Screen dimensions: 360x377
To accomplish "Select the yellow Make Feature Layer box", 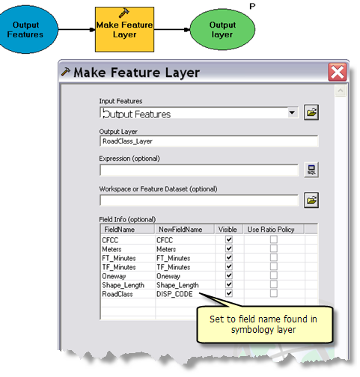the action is (x=124, y=29).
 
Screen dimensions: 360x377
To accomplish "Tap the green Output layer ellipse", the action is (x=222, y=29).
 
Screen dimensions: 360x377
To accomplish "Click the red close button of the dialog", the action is (x=338, y=73).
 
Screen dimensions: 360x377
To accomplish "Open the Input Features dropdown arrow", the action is (x=292, y=113).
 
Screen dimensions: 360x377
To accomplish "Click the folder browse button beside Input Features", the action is (x=311, y=112).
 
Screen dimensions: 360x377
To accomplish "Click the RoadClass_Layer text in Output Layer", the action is (x=127, y=141).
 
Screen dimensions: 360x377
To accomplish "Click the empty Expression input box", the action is (x=199, y=170).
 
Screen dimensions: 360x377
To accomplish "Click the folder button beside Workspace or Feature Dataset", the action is (x=311, y=200).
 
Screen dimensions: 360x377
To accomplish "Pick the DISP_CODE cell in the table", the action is (x=174, y=294).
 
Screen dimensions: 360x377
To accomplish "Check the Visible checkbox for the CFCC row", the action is (x=229, y=239).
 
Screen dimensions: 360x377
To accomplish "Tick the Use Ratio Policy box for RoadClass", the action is (x=274, y=293).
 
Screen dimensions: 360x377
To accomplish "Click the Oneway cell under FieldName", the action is (x=114, y=276).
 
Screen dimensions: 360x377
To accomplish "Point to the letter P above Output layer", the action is (x=252, y=6).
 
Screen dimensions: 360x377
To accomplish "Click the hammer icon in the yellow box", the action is (x=123, y=13).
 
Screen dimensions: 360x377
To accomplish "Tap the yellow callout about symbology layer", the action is (x=264, y=325).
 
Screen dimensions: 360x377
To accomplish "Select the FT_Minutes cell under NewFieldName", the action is (x=173, y=258).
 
